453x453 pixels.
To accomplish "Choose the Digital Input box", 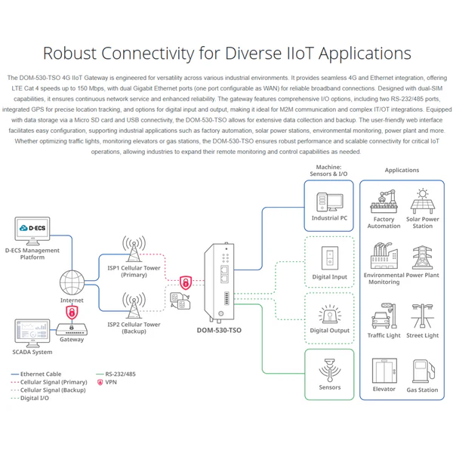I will (x=329, y=260).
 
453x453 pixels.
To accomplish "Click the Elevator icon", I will (x=384, y=371).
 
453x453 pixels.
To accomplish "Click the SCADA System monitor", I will (x=32, y=333).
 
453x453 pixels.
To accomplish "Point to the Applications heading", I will (x=402, y=170).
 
